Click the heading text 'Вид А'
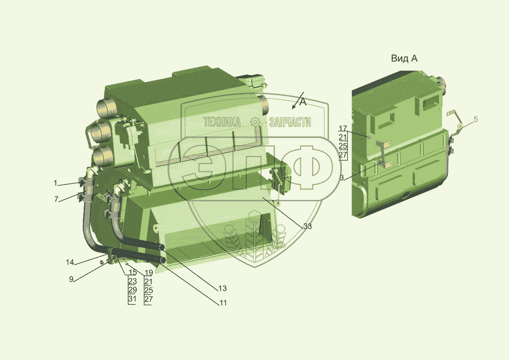404,59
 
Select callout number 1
55,183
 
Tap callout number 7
56,199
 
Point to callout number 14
70,262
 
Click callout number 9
71,279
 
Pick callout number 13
222,288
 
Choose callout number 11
223,303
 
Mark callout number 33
308,226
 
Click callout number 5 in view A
475,119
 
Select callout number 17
343,129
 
